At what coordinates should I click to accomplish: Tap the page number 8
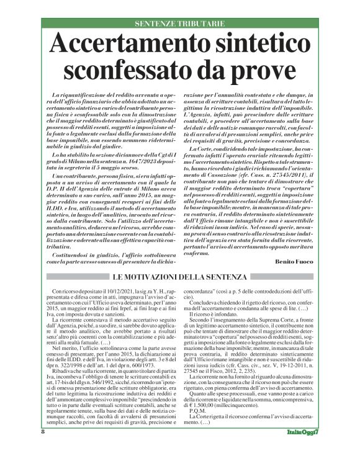pos(43,448)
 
